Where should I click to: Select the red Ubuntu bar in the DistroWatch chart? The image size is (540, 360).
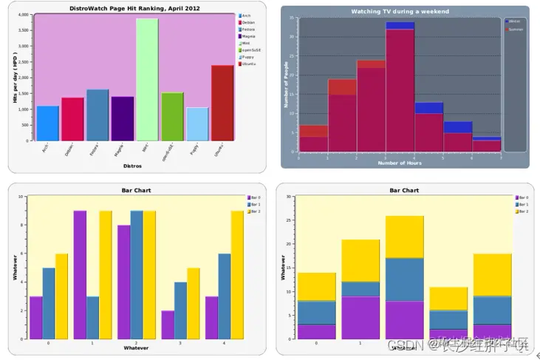pos(222,103)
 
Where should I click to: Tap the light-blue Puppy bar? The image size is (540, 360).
pos(197,124)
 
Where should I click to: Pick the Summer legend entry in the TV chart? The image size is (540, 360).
pos(515,30)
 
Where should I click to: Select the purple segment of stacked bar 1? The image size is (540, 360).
pos(359,318)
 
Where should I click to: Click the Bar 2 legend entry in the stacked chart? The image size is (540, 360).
pos(522,211)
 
